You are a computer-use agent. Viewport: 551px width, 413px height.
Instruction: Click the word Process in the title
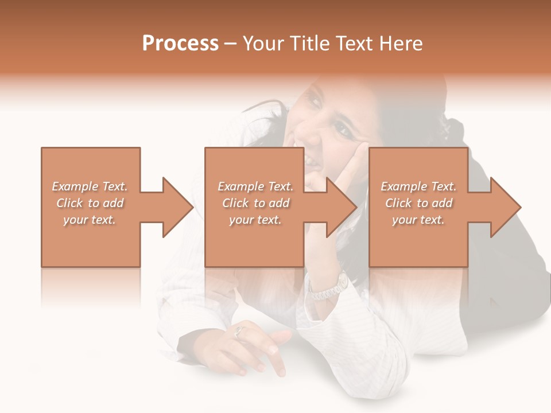click(180, 44)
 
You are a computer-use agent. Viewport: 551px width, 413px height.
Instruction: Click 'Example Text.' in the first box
click(90, 186)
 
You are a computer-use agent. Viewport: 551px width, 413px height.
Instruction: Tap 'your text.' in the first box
click(90, 220)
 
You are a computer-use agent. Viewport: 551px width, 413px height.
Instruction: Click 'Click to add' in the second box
click(255, 203)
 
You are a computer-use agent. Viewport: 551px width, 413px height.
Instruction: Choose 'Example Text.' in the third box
click(418, 186)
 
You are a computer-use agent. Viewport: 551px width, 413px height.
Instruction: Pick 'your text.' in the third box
click(418, 220)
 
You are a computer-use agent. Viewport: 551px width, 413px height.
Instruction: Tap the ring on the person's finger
click(240, 330)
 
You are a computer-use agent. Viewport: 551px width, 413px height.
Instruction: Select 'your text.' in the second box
click(255, 220)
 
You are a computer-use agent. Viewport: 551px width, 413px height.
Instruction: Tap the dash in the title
click(231, 44)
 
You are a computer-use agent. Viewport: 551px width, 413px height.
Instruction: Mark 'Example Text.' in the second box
click(255, 186)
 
